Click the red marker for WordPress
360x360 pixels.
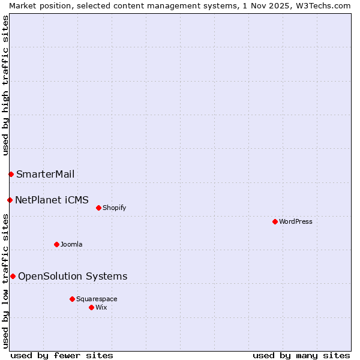point(275,221)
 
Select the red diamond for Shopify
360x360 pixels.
point(98,208)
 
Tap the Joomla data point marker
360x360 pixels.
point(56,244)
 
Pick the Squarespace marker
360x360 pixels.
point(72,299)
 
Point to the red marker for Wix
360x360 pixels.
point(91,307)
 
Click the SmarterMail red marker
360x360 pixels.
point(11,174)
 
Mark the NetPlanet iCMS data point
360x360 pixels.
point(10,200)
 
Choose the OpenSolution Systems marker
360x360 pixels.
point(13,276)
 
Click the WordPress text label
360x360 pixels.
point(296,221)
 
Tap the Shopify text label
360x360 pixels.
point(114,208)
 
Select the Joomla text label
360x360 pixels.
point(71,244)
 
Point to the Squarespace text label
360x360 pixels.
point(97,299)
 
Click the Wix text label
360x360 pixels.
point(101,307)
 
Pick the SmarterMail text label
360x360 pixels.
point(46,174)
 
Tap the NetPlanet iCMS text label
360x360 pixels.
point(52,200)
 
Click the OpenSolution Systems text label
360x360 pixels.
point(73,276)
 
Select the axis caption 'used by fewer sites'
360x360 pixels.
point(62,355)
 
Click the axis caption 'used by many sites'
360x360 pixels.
point(301,355)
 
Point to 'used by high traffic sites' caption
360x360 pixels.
point(5,85)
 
